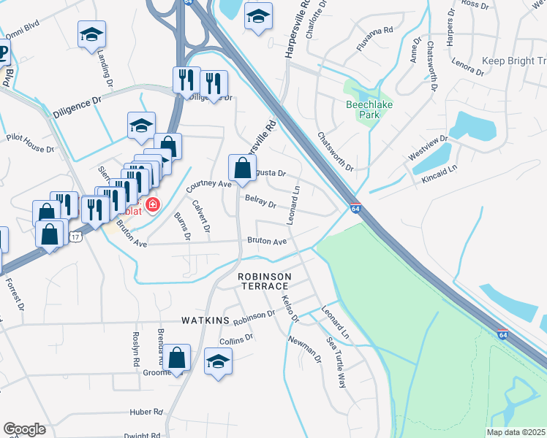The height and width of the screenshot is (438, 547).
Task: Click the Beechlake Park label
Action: coord(369,109)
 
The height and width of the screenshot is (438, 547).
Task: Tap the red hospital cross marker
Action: coord(153,205)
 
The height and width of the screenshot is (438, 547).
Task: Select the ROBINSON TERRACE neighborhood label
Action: coord(265,281)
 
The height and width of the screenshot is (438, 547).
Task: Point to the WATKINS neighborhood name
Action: coord(205,321)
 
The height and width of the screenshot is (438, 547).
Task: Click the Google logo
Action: coord(24,429)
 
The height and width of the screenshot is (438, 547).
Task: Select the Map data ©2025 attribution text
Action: coord(516,432)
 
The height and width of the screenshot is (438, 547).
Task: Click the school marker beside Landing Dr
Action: coord(92,34)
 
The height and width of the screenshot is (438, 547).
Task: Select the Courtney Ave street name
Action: coord(208,185)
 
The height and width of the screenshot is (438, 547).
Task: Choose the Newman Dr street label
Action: coord(306,348)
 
